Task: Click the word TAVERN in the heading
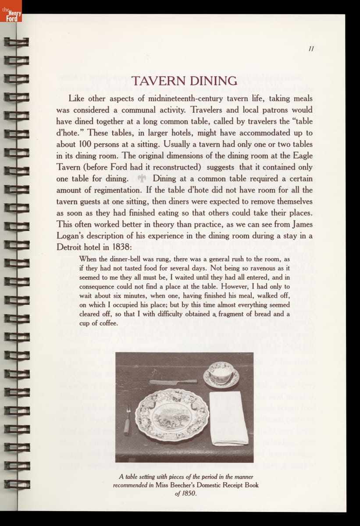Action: coord(158,81)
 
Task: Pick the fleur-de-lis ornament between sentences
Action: coord(142,178)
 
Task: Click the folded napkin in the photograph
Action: coord(228,417)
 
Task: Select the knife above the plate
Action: coord(173,382)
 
